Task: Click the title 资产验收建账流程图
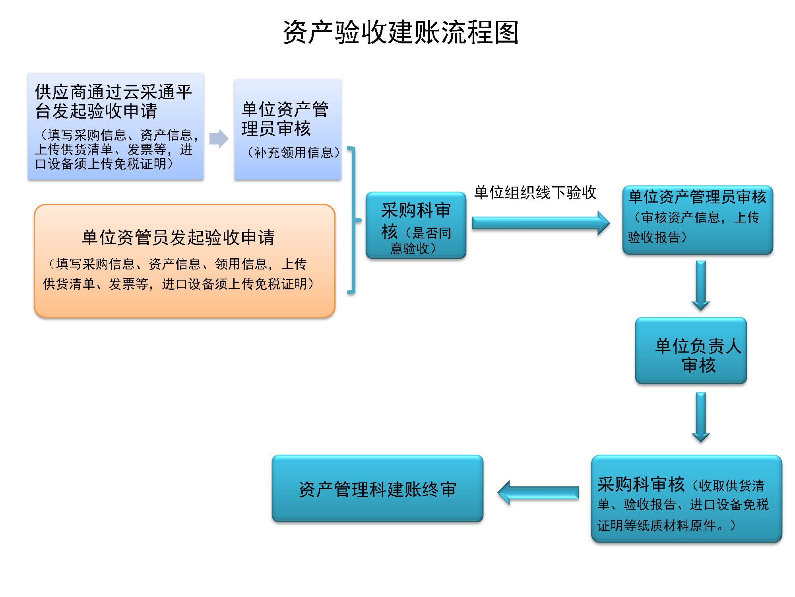pos(400,32)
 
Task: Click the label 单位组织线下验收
pos(535,193)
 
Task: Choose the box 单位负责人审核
pos(691,350)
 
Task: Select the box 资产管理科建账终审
pos(377,489)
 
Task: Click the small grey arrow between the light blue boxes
pos(219,139)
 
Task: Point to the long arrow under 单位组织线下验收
pos(541,223)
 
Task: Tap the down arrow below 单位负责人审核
pos(700,417)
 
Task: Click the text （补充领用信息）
pos(293,152)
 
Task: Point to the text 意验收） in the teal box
pos(413,248)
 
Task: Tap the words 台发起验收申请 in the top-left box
pos(96,111)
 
